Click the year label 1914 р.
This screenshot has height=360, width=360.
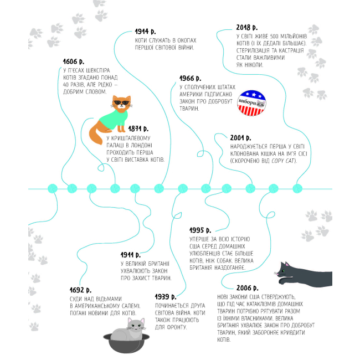coord(147,32)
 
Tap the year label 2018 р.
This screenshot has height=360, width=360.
coord(246,27)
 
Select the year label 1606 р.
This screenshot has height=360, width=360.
coord(74,61)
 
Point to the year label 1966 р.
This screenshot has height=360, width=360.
coord(191,78)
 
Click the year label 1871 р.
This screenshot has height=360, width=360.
coord(138,129)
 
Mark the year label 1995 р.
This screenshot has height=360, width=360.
coord(200,229)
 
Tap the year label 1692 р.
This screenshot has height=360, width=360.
coord(81,290)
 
